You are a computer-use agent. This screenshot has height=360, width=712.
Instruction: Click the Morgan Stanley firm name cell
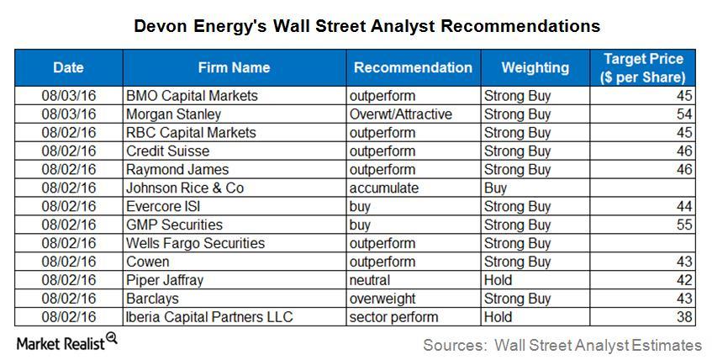[173, 114]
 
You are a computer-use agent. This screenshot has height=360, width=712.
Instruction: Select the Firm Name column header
[234, 68]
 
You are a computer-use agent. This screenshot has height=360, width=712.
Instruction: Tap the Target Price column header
[643, 68]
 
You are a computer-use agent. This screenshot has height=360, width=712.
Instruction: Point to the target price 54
[684, 114]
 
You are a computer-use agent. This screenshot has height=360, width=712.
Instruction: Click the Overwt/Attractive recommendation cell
[400, 114]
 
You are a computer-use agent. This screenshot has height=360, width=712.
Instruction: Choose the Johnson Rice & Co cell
[185, 188]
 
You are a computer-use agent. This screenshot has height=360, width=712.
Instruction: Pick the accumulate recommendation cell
[383, 188]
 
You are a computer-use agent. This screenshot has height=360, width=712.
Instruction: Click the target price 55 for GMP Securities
[684, 225]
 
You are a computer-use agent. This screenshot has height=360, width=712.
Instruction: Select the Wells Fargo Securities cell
[195, 243]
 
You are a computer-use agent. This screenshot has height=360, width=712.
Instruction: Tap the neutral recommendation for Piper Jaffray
[369, 280]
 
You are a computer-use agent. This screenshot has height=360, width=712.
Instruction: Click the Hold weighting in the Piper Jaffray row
[498, 280]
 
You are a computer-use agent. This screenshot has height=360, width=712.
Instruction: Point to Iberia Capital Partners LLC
[209, 317]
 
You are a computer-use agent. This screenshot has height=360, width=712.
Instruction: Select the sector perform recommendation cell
[393, 317]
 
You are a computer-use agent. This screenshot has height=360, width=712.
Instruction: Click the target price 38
[684, 317]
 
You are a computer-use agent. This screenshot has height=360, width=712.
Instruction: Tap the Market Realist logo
[66, 342]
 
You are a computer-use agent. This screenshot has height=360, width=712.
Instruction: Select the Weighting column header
[535, 68]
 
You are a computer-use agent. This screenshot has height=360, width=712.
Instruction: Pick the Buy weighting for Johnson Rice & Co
[495, 188]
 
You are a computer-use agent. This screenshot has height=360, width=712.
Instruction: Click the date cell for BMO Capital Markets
[69, 95]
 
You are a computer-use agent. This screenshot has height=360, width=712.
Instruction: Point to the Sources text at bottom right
[562, 345]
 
